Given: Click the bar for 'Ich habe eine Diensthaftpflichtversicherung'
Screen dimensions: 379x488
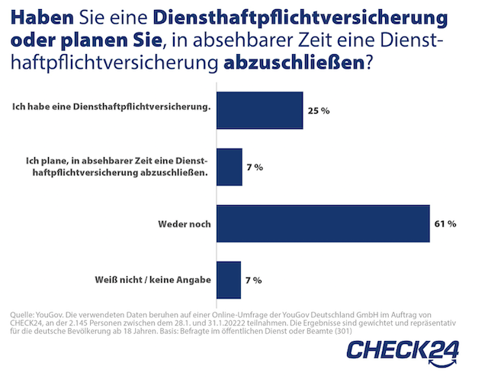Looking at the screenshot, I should click(x=260, y=111).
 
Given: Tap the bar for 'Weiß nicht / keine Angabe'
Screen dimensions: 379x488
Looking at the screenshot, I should click(x=229, y=280).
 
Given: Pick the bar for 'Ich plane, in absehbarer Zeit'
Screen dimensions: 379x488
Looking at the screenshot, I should click(x=230, y=167).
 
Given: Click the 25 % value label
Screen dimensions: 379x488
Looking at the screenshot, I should click(x=318, y=111).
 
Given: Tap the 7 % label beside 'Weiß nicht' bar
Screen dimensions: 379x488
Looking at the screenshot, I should click(x=253, y=280).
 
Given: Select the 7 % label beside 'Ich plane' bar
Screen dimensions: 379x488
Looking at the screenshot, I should click(x=254, y=167).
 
